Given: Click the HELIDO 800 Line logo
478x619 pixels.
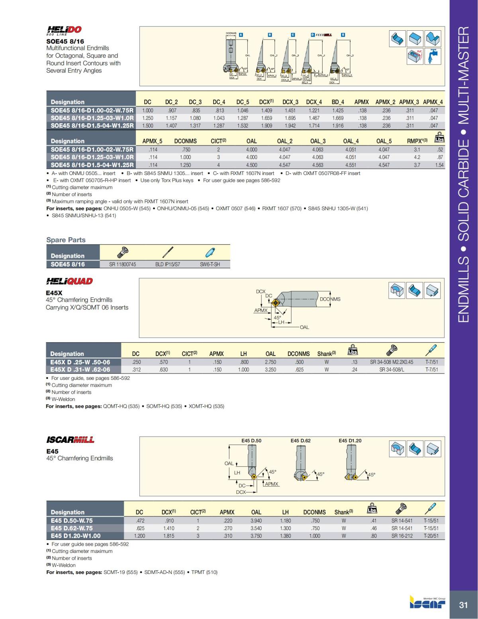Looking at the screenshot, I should [x=64, y=30].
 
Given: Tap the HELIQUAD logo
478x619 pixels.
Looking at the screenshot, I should [x=69, y=281].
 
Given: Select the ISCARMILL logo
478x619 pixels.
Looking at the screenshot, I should [x=70, y=440].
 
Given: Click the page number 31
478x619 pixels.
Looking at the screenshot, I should [x=463, y=605].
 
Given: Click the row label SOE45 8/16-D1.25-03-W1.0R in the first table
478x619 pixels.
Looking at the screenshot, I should [x=92, y=118].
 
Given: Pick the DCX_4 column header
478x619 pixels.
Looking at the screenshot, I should [x=314, y=102].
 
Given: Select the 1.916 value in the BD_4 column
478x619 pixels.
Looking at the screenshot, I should [x=337, y=126].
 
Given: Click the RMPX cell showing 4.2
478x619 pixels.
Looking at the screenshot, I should [x=417, y=157].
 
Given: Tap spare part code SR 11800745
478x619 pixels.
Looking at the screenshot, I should [x=122, y=264].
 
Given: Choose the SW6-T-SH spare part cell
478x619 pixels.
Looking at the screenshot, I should [x=210, y=264].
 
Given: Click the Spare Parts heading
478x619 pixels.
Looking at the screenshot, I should [x=66, y=240].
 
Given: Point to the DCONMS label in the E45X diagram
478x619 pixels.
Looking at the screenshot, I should [x=330, y=299].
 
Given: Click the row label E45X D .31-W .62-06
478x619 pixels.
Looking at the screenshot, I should [x=80, y=369].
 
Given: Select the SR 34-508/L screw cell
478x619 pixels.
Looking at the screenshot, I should [x=392, y=369].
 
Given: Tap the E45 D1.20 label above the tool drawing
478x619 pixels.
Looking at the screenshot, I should [x=350, y=440].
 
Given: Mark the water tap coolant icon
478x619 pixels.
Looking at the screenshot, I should [x=432, y=56].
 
